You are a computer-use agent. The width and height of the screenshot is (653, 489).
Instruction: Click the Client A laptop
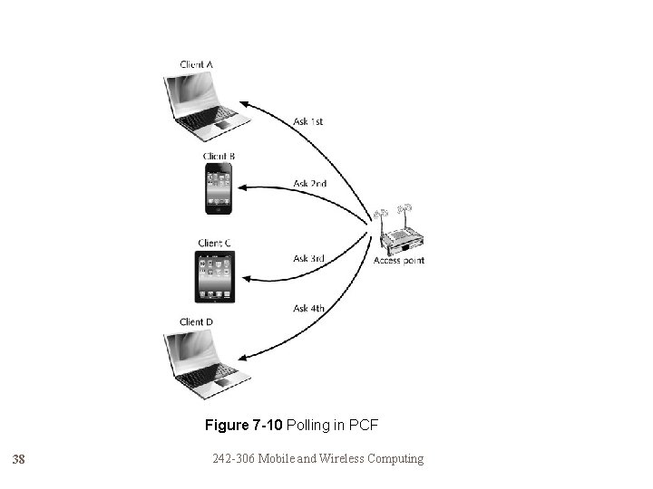click(x=206, y=104)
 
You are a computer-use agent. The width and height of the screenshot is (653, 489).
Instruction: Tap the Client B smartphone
click(x=218, y=188)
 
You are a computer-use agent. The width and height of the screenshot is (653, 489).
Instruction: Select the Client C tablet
click(x=215, y=276)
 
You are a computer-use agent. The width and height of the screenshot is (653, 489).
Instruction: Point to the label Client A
click(x=197, y=64)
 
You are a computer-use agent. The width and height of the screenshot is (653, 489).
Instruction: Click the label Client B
click(x=219, y=156)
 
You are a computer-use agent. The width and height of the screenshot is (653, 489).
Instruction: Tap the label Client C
click(x=214, y=243)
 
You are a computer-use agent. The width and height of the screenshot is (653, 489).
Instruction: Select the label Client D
click(x=197, y=321)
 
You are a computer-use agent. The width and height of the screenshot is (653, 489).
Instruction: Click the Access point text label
click(x=399, y=261)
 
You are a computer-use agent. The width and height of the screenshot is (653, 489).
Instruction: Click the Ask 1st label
click(x=308, y=121)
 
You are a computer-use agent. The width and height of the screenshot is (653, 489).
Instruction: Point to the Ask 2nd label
click(x=309, y=183)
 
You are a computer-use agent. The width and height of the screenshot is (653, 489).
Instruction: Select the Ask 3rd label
click(x=309, y=258)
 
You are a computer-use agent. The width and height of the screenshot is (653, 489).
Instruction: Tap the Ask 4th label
click(x=309, y=308)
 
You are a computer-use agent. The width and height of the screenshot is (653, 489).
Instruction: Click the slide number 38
click(x=19, y=460)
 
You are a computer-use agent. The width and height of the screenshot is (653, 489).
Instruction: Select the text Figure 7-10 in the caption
click(x=239, y=425)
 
